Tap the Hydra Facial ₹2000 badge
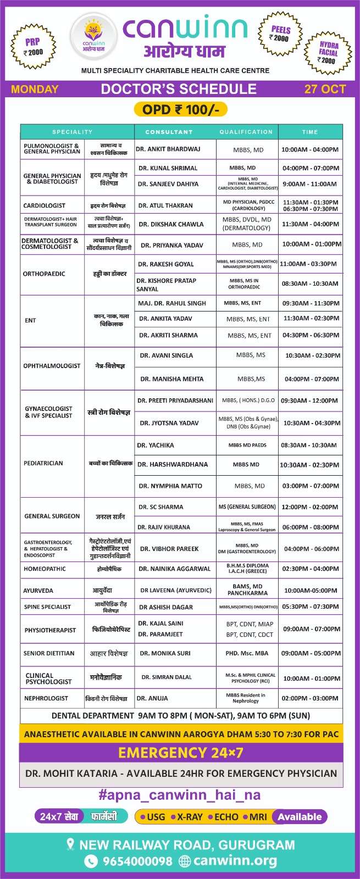coord(328,53)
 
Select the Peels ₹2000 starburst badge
coord(280,34)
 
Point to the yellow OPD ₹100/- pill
coord(180,109)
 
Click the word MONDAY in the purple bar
coord(35,89)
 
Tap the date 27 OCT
coord(325,89)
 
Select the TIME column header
coord(310,132)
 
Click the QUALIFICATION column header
coord(246,132)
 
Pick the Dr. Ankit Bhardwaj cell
coord(168,149)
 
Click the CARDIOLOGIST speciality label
coord(44,205)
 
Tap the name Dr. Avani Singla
coord(166,355)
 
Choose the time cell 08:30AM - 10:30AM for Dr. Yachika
coord(309,445)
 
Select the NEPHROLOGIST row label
coord(46,698)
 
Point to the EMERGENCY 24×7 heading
coord(180,752)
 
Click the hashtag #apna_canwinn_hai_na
coord(179,795)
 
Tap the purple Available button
coord(300,817)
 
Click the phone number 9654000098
coord(137,861)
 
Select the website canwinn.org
coord(235,861)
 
